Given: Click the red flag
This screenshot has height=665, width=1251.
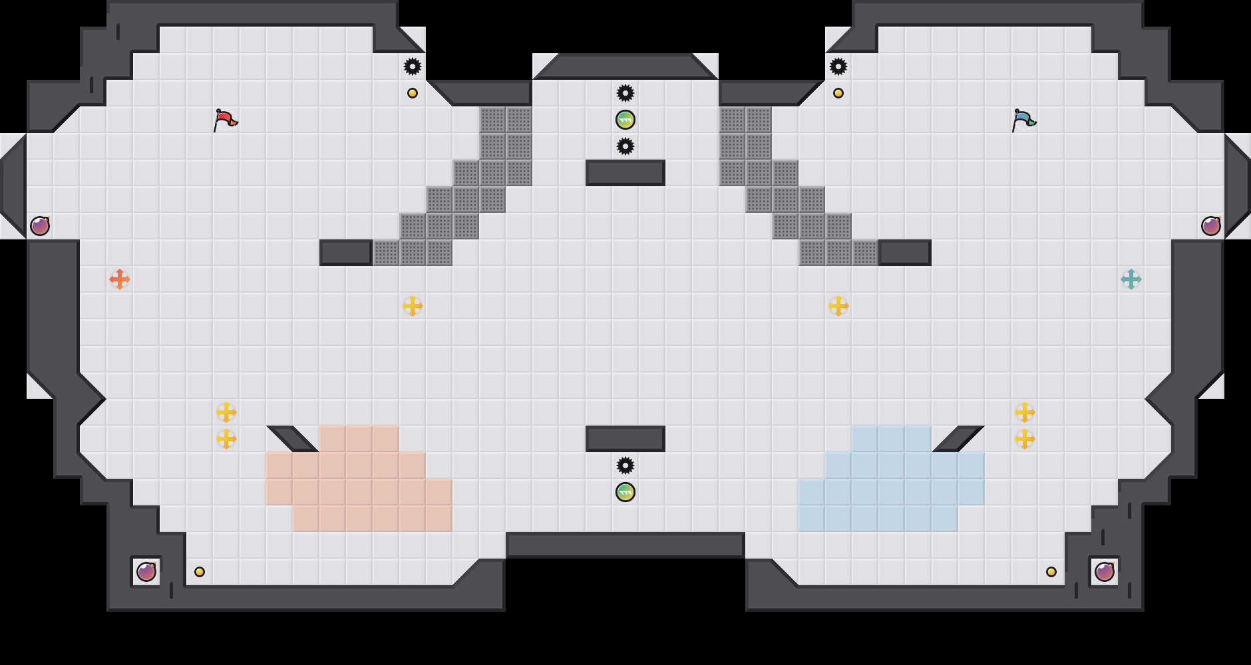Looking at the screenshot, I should point(225,120).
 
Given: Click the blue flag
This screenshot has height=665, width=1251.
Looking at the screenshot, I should point(1023,120).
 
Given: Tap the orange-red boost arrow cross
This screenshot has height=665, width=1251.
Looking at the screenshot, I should point(120,279).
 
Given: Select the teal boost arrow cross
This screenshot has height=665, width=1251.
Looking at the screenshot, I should point(1131,279).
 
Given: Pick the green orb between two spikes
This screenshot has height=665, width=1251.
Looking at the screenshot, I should point(625,120).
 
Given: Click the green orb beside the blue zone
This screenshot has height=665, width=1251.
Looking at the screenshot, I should point(625,492).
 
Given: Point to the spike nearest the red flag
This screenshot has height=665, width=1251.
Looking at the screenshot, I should point(413,66).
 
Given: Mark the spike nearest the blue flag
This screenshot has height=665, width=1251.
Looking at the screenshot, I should point(838,66).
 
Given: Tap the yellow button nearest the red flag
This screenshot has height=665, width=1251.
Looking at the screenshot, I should point(413,93).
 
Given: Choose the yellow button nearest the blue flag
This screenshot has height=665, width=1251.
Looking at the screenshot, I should point(838,93).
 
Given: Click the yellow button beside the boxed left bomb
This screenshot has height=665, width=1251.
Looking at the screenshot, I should point(200,572).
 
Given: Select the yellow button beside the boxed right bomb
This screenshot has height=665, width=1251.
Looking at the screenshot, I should point(1051,572).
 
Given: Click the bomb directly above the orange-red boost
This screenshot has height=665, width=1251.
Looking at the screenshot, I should point(40,226).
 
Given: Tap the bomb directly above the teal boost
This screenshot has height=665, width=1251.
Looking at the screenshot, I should point(1211,226).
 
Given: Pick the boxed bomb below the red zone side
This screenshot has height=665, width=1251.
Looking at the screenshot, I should point(146,572).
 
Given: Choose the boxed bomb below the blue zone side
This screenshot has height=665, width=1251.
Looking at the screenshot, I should point(1105,572).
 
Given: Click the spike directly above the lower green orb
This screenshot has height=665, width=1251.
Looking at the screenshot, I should point(625,465).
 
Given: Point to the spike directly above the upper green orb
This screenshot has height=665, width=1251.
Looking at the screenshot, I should point(625,93).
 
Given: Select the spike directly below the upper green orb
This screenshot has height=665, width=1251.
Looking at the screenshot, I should point(625,146).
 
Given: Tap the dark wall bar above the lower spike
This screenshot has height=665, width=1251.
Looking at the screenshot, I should point(625,439).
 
